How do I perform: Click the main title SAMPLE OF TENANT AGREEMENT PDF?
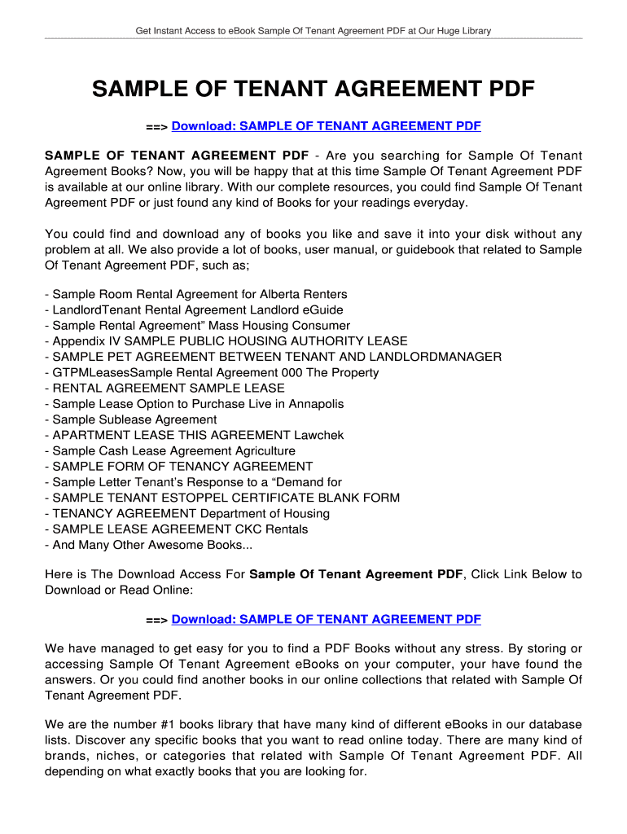click(313, 89)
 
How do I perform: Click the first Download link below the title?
click(326, 126)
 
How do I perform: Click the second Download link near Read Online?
click(326, 620)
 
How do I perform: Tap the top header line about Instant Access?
click(313, 31)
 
